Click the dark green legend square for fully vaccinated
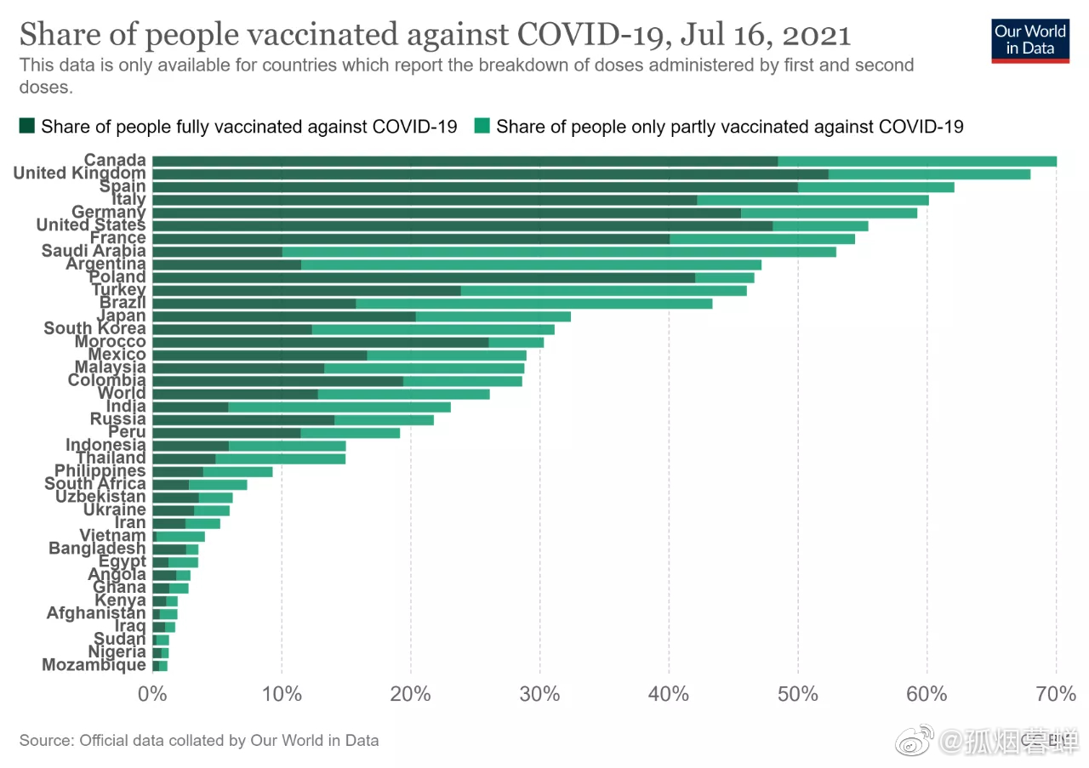(x=27, y=127)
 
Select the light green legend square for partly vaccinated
(x=482, y=127)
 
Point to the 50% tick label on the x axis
(x=797, y=694)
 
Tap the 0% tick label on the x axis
(x=152, y=694)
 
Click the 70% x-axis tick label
(x=1056, y=694)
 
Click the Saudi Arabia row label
(x=94, y=251)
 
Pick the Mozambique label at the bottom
(x=94, y=665)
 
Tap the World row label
(x=122, y=393)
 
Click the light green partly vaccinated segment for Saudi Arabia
(x=558, y=252)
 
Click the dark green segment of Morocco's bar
(x=320, y=342)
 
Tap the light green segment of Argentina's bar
(x=531, y=265)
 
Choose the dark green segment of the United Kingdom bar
(x=489, y=174)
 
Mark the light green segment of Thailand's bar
(x=280, y=458)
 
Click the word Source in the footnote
(x=45, y=741)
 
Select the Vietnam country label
(x=112, y=536)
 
